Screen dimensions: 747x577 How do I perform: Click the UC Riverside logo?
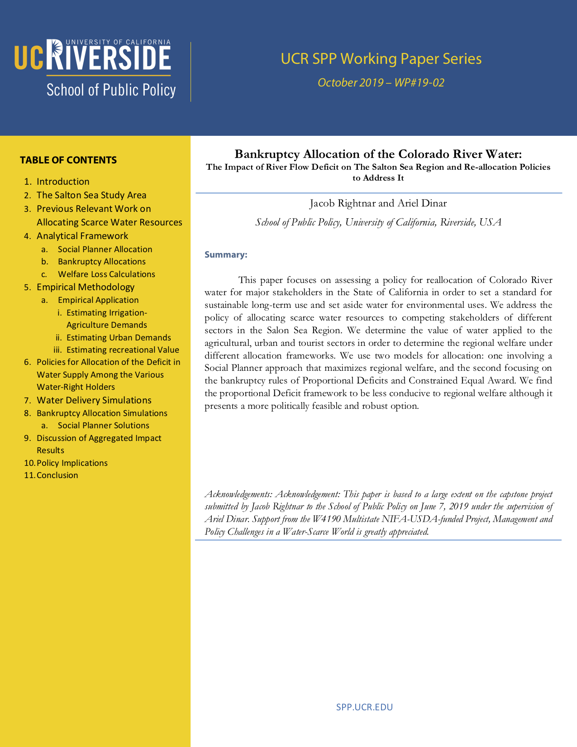click(92, 57)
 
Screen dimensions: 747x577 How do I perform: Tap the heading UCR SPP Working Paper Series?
click(381, 59)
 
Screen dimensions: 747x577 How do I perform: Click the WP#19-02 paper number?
click(419, 83)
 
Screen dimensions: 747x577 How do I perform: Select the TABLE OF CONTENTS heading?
click(68, 160)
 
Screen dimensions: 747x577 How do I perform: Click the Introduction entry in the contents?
click(63, 182)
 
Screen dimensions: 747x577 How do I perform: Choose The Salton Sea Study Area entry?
click(91, 195)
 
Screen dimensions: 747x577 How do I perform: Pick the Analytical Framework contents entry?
click(82, 236)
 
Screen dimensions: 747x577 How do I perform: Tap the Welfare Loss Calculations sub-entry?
click(106, 274)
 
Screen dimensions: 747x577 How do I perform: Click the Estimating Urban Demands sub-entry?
click(119, 338)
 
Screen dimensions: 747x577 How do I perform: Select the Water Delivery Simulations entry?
click(94, 400)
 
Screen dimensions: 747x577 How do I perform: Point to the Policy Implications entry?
click(72, 463)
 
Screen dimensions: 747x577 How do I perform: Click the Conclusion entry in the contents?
click(57, 475)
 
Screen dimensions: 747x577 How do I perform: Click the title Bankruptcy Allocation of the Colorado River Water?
click(378, 154)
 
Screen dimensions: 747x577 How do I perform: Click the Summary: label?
click(226, 255)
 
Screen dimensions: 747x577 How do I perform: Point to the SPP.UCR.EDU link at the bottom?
click(364, 707)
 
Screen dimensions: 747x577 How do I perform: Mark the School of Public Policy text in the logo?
click(111, 90)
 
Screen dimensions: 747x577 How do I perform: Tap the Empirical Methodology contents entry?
click(86, 287)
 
